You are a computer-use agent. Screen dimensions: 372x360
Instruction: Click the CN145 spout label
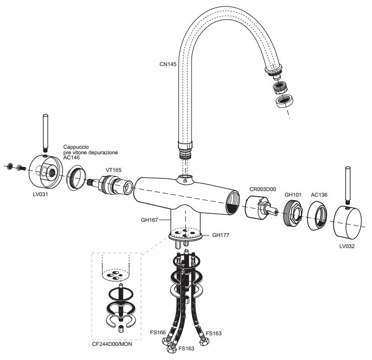(168, 64)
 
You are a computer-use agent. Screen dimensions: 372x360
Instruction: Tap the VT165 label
(113, 170)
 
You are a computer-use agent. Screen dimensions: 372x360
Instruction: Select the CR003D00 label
(263, 189)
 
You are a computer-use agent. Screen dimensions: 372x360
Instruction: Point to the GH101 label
(293, 195)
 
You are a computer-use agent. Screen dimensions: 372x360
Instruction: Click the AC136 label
(319, 195)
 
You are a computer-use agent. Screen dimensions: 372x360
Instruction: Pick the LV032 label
(347, 246)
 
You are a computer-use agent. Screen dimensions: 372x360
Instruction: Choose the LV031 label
(40, 194)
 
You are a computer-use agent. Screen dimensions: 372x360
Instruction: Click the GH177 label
(221, 235)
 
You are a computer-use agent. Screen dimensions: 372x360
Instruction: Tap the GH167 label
(150, 220)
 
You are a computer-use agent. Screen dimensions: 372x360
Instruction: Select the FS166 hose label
(158, 332)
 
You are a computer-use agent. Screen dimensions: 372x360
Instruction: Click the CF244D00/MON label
(112, 344)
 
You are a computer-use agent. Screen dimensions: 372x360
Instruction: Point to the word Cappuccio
(76, 147)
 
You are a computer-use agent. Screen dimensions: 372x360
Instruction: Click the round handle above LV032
(348, 222)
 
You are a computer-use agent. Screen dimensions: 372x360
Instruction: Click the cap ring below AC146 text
(76, 177)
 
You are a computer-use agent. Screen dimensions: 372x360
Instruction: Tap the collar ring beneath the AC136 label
(318, 216)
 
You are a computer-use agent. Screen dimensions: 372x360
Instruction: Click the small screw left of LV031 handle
(21, 167)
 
